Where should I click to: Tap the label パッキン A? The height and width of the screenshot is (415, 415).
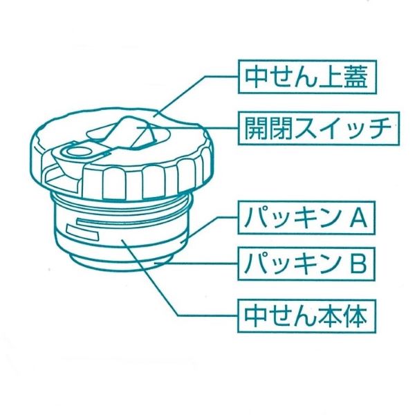(x=306, y=218)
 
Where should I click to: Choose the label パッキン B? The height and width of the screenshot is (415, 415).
(x=306, y=264)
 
